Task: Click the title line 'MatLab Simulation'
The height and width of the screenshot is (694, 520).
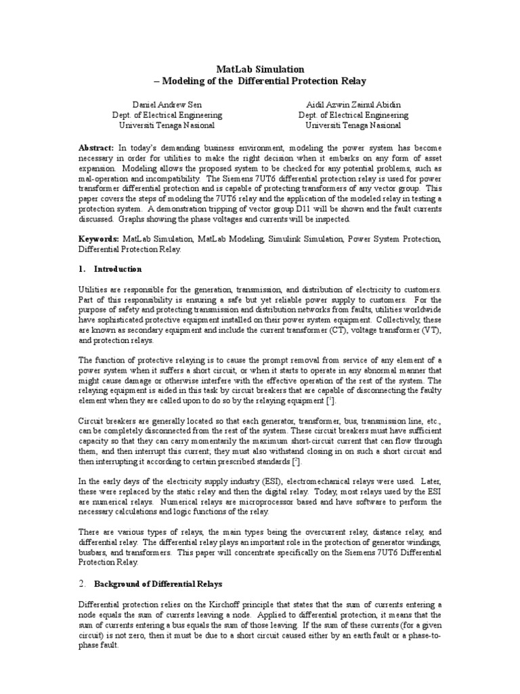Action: coord(260,69)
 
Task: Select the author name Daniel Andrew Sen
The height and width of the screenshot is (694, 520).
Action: coord(167,105)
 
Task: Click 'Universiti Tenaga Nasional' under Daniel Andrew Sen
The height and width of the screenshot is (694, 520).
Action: coord(167,125)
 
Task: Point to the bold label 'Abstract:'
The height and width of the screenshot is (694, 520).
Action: coord(97,147)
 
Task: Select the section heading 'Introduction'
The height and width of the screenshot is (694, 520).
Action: coord(118,269)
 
